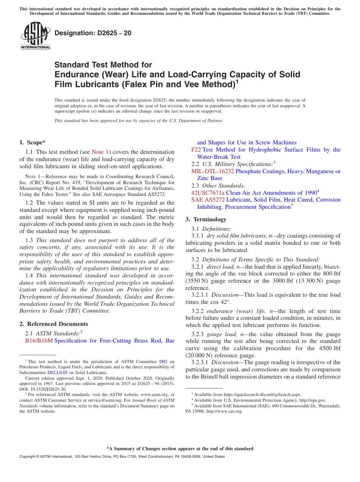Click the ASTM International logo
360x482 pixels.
(35, 36)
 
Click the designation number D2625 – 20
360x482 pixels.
(93, 33)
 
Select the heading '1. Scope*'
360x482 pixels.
(32, 142)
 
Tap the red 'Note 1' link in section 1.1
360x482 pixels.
(100, 152)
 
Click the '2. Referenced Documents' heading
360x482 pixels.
(54, 324)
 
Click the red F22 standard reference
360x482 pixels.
(196, 150)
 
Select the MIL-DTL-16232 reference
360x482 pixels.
(213, 171)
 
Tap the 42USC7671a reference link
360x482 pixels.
(208, 193)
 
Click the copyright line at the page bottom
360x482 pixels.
(122, 457)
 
